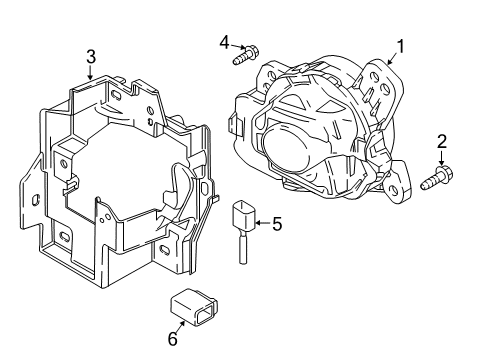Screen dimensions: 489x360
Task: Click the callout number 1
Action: [x=400, y=46]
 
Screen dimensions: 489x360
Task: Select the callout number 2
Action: [x=442, y=142]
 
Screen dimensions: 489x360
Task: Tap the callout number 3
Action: [x=91, y=57]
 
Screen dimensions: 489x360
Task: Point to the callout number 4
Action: [x=225, y=43]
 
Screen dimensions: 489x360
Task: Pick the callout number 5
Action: [x=277, y=224]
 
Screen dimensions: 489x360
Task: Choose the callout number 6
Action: [x=173, y=339]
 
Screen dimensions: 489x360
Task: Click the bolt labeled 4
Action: [x=246, y=55]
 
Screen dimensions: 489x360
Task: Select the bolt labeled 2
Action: [x=437, y=178]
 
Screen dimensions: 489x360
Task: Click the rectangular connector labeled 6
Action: [x=194, y=307]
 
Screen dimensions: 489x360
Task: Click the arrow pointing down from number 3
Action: [x=90, y=73]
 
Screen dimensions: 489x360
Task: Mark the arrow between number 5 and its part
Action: [x=263, y=223]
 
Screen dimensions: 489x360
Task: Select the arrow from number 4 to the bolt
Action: [x=238, y=47]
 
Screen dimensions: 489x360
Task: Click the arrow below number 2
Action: [x=442, y=158]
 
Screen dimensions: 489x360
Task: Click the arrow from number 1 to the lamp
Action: [x=392, y=59]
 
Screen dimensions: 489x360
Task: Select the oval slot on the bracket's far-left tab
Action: [x=35, y=200]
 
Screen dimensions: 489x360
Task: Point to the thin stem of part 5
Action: [x=243, y=248]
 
